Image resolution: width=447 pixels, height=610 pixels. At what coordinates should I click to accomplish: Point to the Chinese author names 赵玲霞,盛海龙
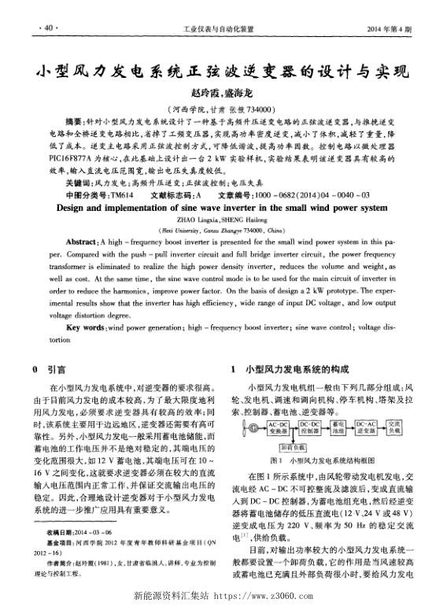[x=223, y=93]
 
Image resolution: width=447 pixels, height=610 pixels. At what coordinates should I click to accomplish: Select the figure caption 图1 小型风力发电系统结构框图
[x=323, y=460]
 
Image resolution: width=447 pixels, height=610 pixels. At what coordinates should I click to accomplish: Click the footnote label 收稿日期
[x=61, y=534]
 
